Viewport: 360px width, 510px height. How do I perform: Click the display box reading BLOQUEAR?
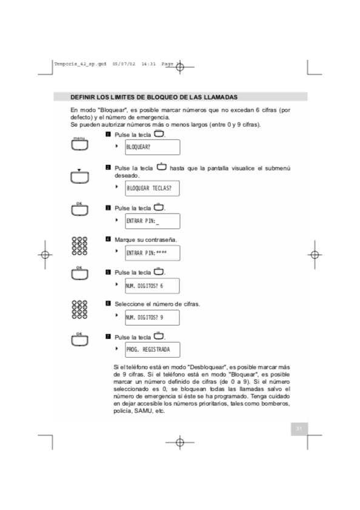pyautogui.click(x=153, y=147)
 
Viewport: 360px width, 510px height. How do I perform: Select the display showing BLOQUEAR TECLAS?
pyautogui.click(x=153, y=188)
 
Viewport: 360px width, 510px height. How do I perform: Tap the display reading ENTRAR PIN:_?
pyautogui.click(x=153, y=221)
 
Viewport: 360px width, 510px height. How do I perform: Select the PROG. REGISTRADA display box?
pyautogui.click(x=153, y=350)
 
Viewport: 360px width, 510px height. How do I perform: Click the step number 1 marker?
pyautogui.click(x=108, y=134)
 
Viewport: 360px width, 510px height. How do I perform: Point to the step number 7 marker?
pyautogui.click(x=108, y=336)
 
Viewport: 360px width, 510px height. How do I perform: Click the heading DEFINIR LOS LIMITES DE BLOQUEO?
pyautogui.click(x=153, y=97)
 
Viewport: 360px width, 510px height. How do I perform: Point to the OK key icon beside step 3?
pyautogui.click(x=79, y=209)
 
